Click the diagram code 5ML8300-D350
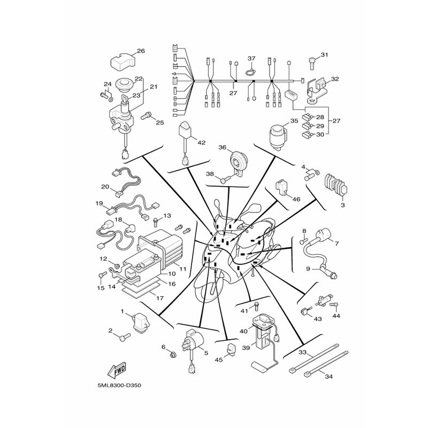119,386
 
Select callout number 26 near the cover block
141,51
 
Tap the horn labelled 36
239,162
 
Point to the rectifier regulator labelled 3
335,186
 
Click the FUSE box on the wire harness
292,95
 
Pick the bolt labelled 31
312,63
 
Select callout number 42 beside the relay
202,143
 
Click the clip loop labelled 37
250,72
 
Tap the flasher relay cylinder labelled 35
278,137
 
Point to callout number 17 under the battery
159,298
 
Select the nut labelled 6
172,355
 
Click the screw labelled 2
125,337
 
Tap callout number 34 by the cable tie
329,377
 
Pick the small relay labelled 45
232,348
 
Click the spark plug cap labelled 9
330,272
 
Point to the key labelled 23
126,100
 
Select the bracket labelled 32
316,90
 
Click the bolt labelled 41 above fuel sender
256,306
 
